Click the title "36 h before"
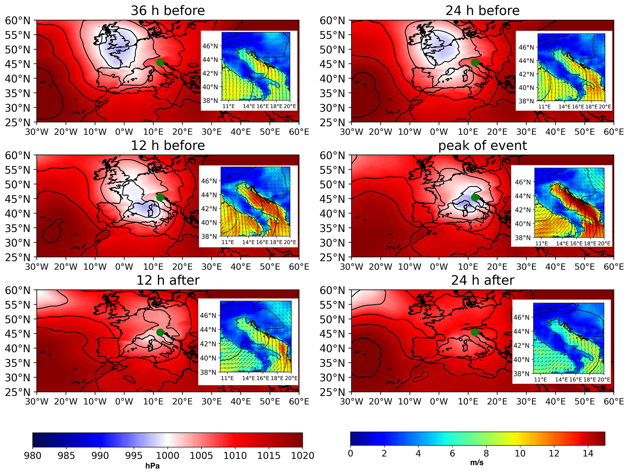[x=168, y=10]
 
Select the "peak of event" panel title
[x=482, y=145]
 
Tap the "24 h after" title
[x=482, y=280]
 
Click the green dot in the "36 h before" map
[x=160, y=63]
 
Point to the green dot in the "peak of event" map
[x=475, y=197]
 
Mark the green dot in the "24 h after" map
[x=475, y=332]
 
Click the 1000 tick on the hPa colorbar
[x=168, y=455]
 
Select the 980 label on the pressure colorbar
[x=33, y=455]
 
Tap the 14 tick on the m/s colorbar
[x=588, y=453]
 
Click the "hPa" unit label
[x=152, y=466]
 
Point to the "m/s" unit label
[x=477, y=463]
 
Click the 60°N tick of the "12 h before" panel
[x=18, y=155]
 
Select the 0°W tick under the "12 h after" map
[x=124, y=401]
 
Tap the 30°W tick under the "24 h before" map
[x=351, y=132]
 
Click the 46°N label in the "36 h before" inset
[x=210, y=46]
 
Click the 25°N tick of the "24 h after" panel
[x=332, y=392]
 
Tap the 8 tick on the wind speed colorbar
[x=486, y=453]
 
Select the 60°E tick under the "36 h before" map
[x=299, y=132]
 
